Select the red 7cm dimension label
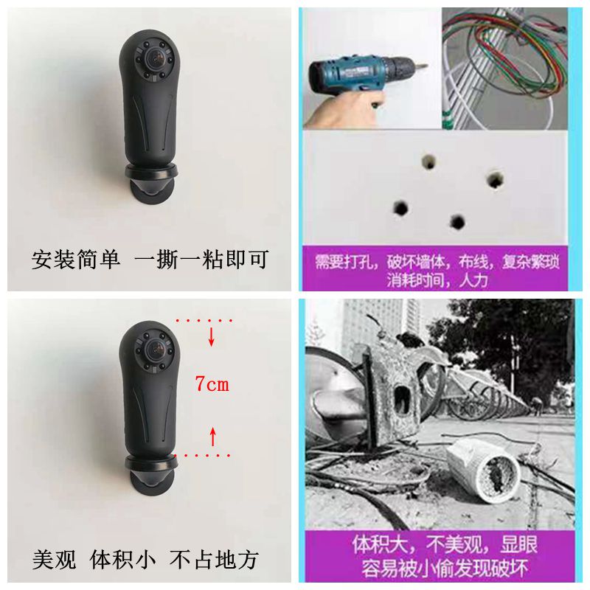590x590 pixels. click(212, 384)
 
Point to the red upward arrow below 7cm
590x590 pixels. click(212, 437)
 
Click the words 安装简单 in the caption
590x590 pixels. click(75, 260)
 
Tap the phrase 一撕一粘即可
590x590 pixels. click(201, 260)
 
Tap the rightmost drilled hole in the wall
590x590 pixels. click(495, 178)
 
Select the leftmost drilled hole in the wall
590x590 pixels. click(400, 207)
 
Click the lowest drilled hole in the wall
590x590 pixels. click(457, 221)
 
